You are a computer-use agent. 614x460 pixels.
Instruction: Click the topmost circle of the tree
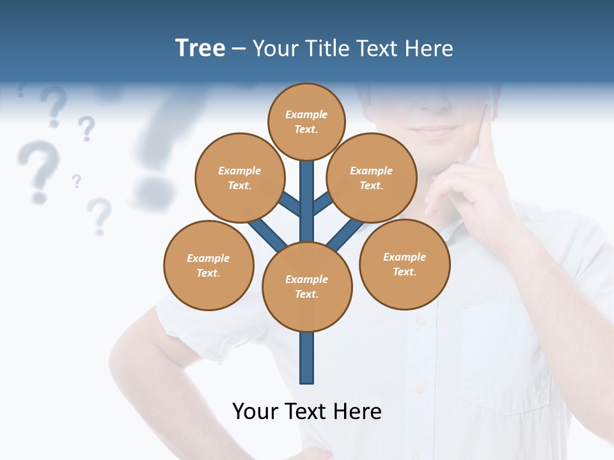(306, 122)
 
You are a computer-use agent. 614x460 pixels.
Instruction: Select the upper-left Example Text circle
(240, 178)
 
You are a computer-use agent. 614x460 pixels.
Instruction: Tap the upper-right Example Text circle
(372, 178)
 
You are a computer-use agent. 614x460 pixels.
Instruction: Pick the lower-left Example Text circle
(209, 265)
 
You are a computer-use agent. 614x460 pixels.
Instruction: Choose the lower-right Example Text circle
(405, 264)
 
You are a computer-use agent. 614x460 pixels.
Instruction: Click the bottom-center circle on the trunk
(307, 287)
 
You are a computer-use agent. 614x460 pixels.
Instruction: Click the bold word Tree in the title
(200, 48)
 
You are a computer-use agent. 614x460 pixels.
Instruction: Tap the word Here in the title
(429, 48)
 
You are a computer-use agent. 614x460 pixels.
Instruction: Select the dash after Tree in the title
(239, 49)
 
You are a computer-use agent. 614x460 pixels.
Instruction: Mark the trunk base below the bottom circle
(307, 361)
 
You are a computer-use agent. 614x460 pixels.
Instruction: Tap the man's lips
(434, 132)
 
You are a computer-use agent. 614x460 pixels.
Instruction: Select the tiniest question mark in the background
(77, 181)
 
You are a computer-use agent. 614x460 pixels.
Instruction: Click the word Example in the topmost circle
(306, 115)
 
